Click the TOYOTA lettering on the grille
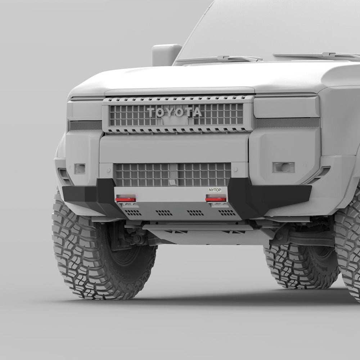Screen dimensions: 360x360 (174, 112)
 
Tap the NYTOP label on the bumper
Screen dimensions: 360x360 (215, 190)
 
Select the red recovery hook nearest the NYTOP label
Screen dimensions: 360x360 (216, 199)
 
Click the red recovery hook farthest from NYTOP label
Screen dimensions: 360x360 (125, 199)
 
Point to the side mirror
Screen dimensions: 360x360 (166, 55)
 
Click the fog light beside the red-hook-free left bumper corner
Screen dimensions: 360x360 (80, 169)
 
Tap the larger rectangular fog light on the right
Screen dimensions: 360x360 (283, 167)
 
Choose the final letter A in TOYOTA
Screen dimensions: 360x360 (197, 112)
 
